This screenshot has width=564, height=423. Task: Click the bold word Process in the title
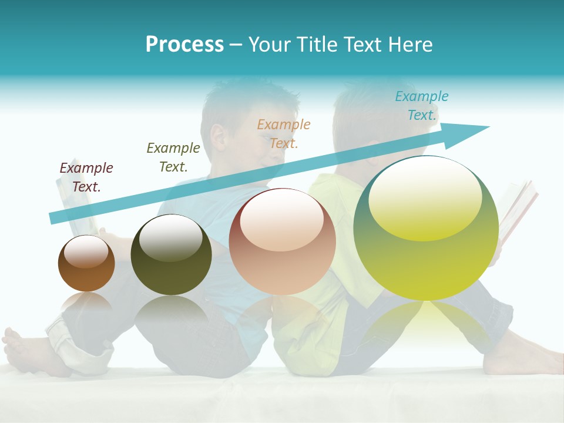pos(184,44)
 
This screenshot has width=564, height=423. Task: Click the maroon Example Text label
pos(86,177)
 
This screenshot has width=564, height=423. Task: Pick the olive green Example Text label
pos(173,157)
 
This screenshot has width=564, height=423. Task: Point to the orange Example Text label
pos(284,134)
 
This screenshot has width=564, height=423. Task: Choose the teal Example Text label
pos(422,106)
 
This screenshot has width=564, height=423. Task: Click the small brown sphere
pos(86,263)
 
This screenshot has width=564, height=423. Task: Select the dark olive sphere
pos(171,254)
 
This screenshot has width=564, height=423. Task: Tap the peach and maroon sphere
pos(282,241)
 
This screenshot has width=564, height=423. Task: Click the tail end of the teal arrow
pos(52,218)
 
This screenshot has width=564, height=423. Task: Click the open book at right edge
pos(520,211)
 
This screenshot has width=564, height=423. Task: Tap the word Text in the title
pos(365,44)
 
